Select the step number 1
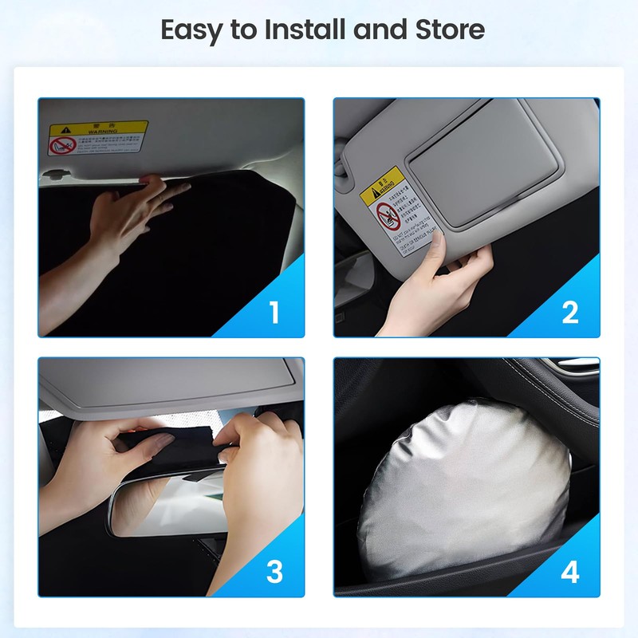[x=274, y=313]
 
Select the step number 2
[x=569, y=313]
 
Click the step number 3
[x=274, y=572]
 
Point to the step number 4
[x=569, y=572]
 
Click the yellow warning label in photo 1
[x=97, y=136]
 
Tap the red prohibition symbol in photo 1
[x=62, y=145]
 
